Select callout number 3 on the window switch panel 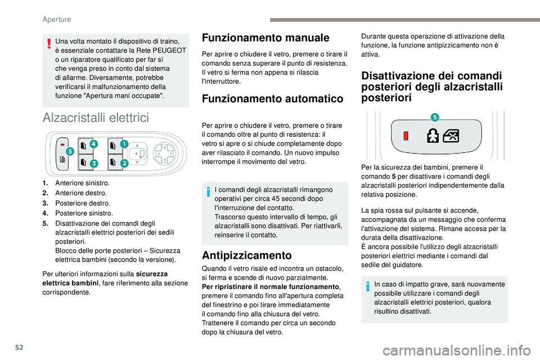click(93, 163)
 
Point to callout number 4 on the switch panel click(93, 145)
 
